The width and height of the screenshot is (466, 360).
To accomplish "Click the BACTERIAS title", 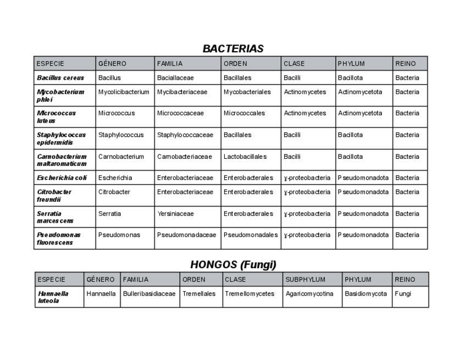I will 233,48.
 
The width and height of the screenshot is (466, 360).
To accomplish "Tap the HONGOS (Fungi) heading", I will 233,264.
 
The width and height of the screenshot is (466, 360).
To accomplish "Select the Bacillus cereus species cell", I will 60,78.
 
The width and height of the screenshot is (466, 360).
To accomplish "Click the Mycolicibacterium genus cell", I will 124,92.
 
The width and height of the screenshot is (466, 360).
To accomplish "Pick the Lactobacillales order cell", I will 245,157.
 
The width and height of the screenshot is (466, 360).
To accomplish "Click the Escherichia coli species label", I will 62,178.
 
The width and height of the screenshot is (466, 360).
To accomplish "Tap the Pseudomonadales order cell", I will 251,235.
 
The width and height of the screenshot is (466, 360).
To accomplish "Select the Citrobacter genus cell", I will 114,192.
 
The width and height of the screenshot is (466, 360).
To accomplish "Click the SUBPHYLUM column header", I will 306,280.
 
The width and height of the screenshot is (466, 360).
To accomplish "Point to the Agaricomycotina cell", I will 309,294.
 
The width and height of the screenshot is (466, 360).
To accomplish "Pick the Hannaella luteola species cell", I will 53,297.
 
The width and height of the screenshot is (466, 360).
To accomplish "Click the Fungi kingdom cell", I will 403,294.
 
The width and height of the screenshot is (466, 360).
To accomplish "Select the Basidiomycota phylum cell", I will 366,294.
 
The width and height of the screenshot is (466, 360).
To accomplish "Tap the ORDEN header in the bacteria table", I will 235,64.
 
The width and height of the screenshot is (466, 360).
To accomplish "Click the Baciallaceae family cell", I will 175,78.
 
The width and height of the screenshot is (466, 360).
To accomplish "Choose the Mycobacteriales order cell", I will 247,92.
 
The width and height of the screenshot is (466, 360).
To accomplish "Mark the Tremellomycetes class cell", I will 249,294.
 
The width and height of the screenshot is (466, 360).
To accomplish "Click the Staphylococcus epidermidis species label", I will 62,139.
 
